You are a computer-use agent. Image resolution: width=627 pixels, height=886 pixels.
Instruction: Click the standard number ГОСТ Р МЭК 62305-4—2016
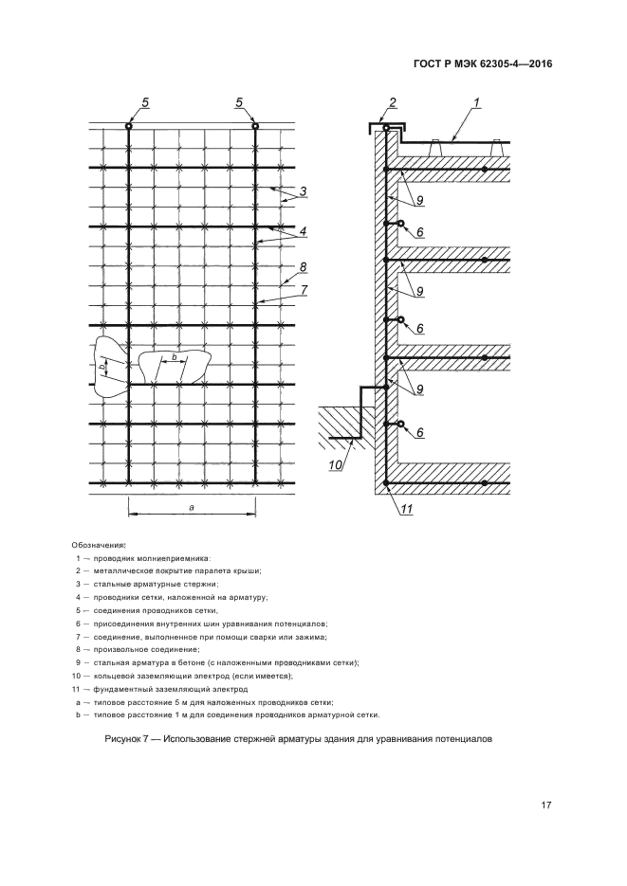pyautogui.click(x=482, y=63)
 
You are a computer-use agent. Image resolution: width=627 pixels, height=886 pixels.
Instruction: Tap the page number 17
pyautogui.click(x=545, y=805)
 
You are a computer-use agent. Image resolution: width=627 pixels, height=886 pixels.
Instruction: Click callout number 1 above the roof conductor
pyautogui.click(x=476, y=102)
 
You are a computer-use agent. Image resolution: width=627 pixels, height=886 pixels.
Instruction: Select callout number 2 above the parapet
pyautogui.click(x=393, y=102)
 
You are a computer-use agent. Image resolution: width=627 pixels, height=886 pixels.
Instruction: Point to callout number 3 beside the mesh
pyautogui.click(x=303, y=191)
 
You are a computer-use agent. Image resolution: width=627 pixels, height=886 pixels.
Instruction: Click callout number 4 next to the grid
pyautogui.click(x=303, y=231)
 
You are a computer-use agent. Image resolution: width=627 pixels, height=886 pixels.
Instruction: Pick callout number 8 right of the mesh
pyautogui.click(x=303, y=266)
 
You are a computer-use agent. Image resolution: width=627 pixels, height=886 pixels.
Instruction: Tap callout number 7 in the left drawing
pyautogui.click(x=304, y=289)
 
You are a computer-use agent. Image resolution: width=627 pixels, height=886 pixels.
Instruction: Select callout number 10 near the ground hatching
pyautogui.click(x=335, y=465)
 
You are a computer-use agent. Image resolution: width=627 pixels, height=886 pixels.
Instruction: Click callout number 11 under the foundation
pyautogui.click(x=407, y=509)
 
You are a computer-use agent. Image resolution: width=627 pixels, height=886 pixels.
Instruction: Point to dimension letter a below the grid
pyautogui.click(x=192, y=507)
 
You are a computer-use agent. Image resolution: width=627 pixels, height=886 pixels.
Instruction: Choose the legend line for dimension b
pyautogui.click(x=227, y=715)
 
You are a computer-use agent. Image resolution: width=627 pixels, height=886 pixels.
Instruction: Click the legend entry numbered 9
pyautogui.click(x=217, y=662)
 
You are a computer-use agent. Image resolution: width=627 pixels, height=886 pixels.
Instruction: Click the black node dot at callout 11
pyautogui.click(x=386, y=483)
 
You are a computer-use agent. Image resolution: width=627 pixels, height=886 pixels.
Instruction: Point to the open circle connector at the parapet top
pyautogui.click(x=386, y=128)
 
